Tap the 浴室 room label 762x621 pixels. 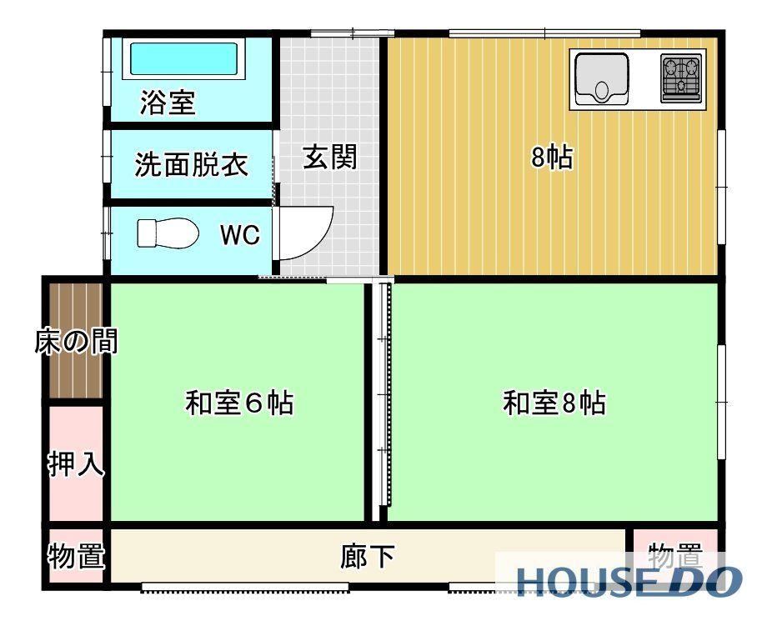coord(168,103)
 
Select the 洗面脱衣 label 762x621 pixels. coord(192,164)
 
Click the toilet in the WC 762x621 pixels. coord(168,233)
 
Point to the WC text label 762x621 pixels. coord(240,235)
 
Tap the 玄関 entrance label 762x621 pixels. coord(330,157)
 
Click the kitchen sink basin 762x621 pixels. coord(602,78)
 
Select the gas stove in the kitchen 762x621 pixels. coord(681,78)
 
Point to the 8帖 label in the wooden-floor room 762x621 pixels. coord(553,157)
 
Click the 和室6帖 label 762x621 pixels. coord(239,403)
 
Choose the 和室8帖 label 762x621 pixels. coord(555,403)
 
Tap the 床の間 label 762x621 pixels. coord(77,341)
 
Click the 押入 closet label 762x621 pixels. coord(77,463)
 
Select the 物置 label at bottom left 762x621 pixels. coord(77,555)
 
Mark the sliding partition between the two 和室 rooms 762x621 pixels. coord(385,394)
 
